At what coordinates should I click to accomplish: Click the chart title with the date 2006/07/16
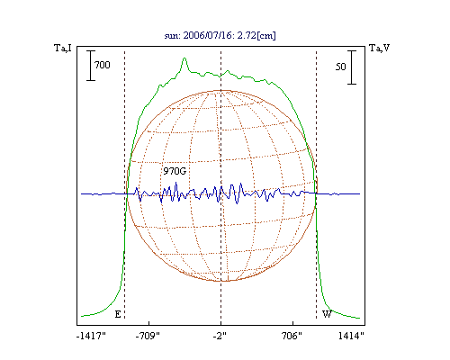(x=220, y=35)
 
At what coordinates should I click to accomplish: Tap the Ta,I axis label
(x=63, y=48)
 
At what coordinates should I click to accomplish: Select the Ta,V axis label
(x=379, y=48)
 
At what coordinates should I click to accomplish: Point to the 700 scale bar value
(x=103, y=65)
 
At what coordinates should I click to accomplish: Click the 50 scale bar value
(x=340, y=67)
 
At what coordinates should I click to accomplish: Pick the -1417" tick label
(x=91, y=336)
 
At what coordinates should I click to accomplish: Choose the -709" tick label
(x=148, y=336)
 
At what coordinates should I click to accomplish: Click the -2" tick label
(x=220, y=336)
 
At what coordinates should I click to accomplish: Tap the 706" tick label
(x=292, y=336)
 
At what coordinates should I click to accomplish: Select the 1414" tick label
(x=351, y=336)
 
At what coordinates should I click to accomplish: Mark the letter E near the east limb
(x=118, y=314)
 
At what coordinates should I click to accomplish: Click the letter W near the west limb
(x=327, y=314)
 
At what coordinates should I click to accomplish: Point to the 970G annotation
(x=175, y=171)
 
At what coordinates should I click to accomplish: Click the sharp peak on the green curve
(x=184, y=58)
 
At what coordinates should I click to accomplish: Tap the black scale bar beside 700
(x=91, y=66)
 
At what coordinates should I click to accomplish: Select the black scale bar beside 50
(x=352, y=67)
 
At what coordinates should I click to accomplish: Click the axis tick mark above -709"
(x=148, y=323)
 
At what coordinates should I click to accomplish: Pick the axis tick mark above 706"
(x=292, y=323)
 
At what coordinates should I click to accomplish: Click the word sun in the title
(x=172, y=36)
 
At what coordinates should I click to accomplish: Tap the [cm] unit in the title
(x=266, y=36)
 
